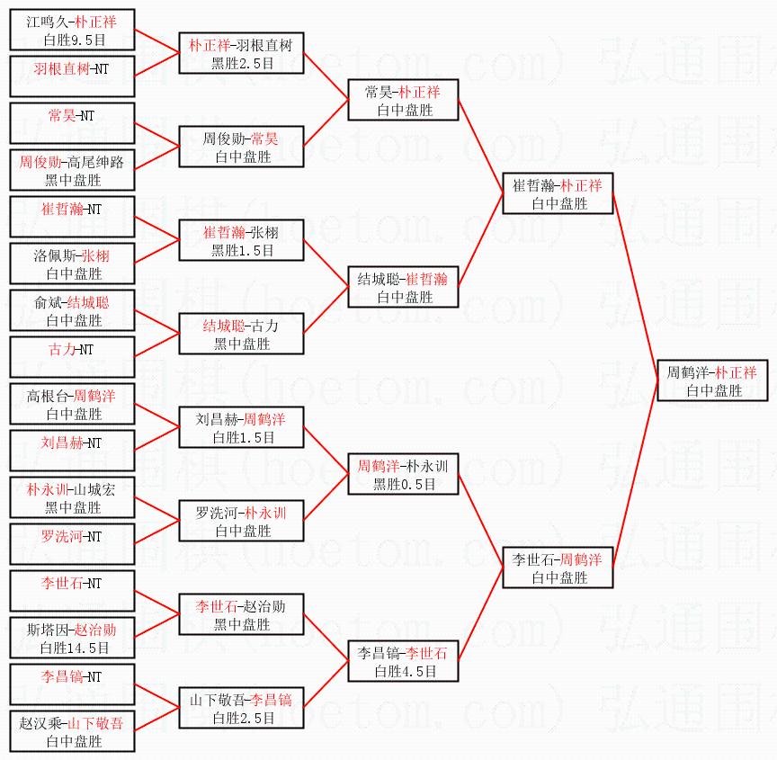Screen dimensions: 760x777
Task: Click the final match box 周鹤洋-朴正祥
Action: coord(711,380)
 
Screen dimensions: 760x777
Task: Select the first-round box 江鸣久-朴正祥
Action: coord(72,30)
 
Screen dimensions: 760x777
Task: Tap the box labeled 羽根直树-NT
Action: coord(72,76)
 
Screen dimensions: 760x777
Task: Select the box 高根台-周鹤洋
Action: coord(72,405)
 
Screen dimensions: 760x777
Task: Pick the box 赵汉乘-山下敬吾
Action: coord(72,732)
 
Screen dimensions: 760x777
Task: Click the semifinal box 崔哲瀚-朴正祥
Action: coord(558,193)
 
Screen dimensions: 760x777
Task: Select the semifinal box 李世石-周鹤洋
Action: coord(558,568)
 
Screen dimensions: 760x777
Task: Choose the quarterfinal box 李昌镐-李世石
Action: coord(403,661)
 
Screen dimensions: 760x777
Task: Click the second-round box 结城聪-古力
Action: coord(241,334)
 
